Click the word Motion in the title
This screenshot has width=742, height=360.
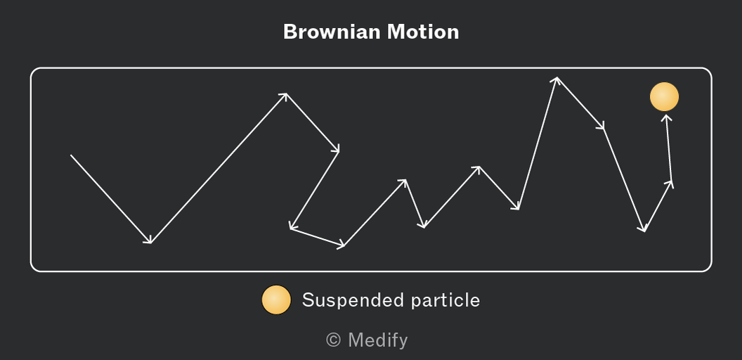click(423, 32)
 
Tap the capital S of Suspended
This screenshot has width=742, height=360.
click(308, 300)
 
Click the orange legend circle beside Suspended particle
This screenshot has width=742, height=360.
click(276, 300)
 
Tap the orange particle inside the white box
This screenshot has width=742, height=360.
click(665, 96)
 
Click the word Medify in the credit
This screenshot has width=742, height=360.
click(377, 340)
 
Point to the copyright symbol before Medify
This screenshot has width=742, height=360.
click(333, 340)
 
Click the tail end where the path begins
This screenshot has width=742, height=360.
click(71, 155)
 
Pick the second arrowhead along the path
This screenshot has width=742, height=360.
click(283, 96)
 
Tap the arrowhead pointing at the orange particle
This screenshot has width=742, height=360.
click(667, 118)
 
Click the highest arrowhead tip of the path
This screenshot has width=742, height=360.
click(557, 77)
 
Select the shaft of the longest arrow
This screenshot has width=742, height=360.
click(219, 168)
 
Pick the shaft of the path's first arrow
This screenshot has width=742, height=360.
click(111, 199)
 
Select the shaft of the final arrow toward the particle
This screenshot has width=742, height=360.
click(669, 148)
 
